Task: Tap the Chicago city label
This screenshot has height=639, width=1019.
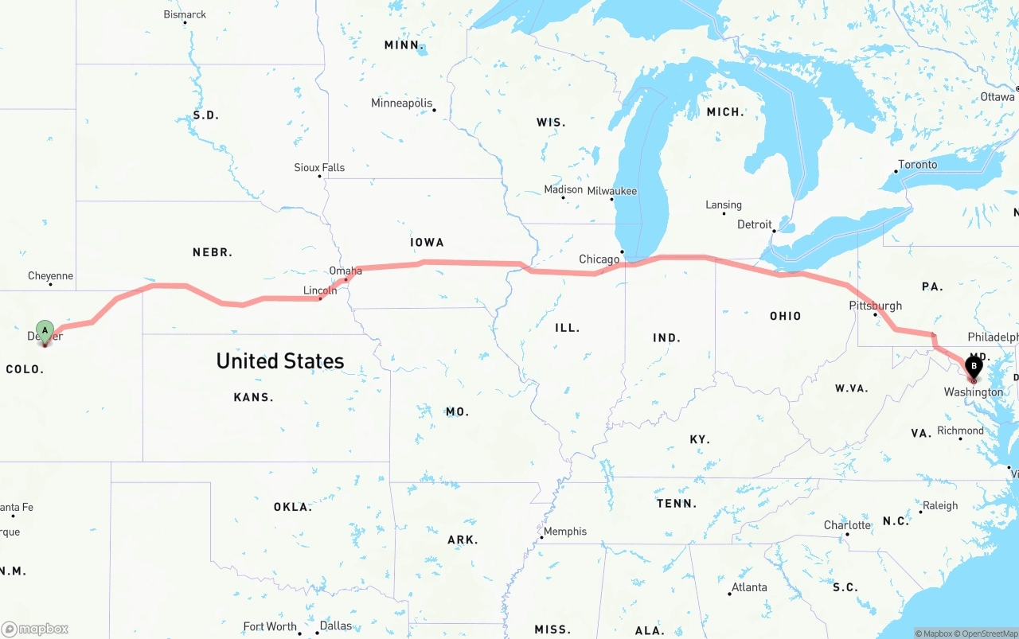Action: click(599, 259)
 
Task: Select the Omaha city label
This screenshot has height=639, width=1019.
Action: click(346, 271)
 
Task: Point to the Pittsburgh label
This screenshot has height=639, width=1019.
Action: click(876, 306)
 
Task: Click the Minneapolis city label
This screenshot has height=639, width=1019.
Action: click(402, 103)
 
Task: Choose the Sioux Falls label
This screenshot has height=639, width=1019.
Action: click(319, 168)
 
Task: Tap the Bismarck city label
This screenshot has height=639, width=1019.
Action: click(185, 15)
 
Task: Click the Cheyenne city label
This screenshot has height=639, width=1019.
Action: click(50, 276)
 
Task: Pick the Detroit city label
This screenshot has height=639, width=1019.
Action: click(755, 224)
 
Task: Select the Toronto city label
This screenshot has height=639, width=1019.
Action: click(918, 165)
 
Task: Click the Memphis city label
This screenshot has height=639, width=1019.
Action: click(565, 532)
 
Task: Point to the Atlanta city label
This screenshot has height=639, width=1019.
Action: click(750, 587)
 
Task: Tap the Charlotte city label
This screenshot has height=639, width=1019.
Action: click(847, 525)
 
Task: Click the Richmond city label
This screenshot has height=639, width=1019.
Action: click(961, 431)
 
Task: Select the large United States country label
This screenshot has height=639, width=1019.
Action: click(280, 361)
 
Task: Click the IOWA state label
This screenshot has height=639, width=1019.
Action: click(427, 242)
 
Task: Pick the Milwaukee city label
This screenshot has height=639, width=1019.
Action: click(612, 191)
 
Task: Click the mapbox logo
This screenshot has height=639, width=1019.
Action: click(35, 629)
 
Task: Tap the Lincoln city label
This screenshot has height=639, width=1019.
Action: click(320, 290)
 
